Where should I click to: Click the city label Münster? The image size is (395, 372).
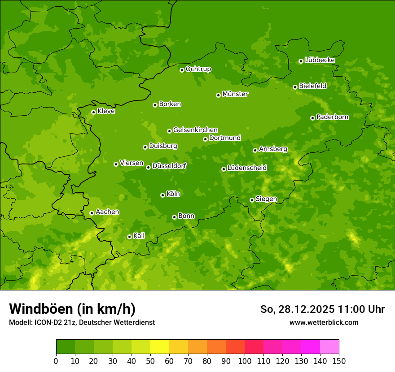(235, 94)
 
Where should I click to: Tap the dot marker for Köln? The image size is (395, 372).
(162, 195)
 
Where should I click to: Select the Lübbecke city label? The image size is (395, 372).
(320, 60)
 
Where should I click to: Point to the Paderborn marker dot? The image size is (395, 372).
(312, 118)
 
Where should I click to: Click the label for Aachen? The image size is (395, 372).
(107, 212)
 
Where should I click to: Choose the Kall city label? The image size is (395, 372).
(139, 235)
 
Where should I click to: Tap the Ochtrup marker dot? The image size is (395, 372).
(182, 70)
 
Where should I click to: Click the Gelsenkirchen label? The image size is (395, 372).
(195, 130)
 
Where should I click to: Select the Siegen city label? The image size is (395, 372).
(266, 199)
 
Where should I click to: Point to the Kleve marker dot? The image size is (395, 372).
(93, 112)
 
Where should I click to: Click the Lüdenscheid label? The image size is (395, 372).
(247, 168)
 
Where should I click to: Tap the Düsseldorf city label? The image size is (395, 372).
(169, 166)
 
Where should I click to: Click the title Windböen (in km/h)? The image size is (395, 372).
(72, 309)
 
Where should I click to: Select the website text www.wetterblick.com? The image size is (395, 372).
(324, 322)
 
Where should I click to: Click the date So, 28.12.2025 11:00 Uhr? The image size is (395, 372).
(322, 309)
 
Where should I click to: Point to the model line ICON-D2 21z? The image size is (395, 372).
(82, 322)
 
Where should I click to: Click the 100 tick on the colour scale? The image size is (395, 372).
(245, 361)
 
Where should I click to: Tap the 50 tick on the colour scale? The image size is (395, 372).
(150, 361)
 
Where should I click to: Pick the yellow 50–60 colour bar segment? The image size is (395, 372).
(160, 347)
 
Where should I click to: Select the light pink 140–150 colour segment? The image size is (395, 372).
(329, 347)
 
